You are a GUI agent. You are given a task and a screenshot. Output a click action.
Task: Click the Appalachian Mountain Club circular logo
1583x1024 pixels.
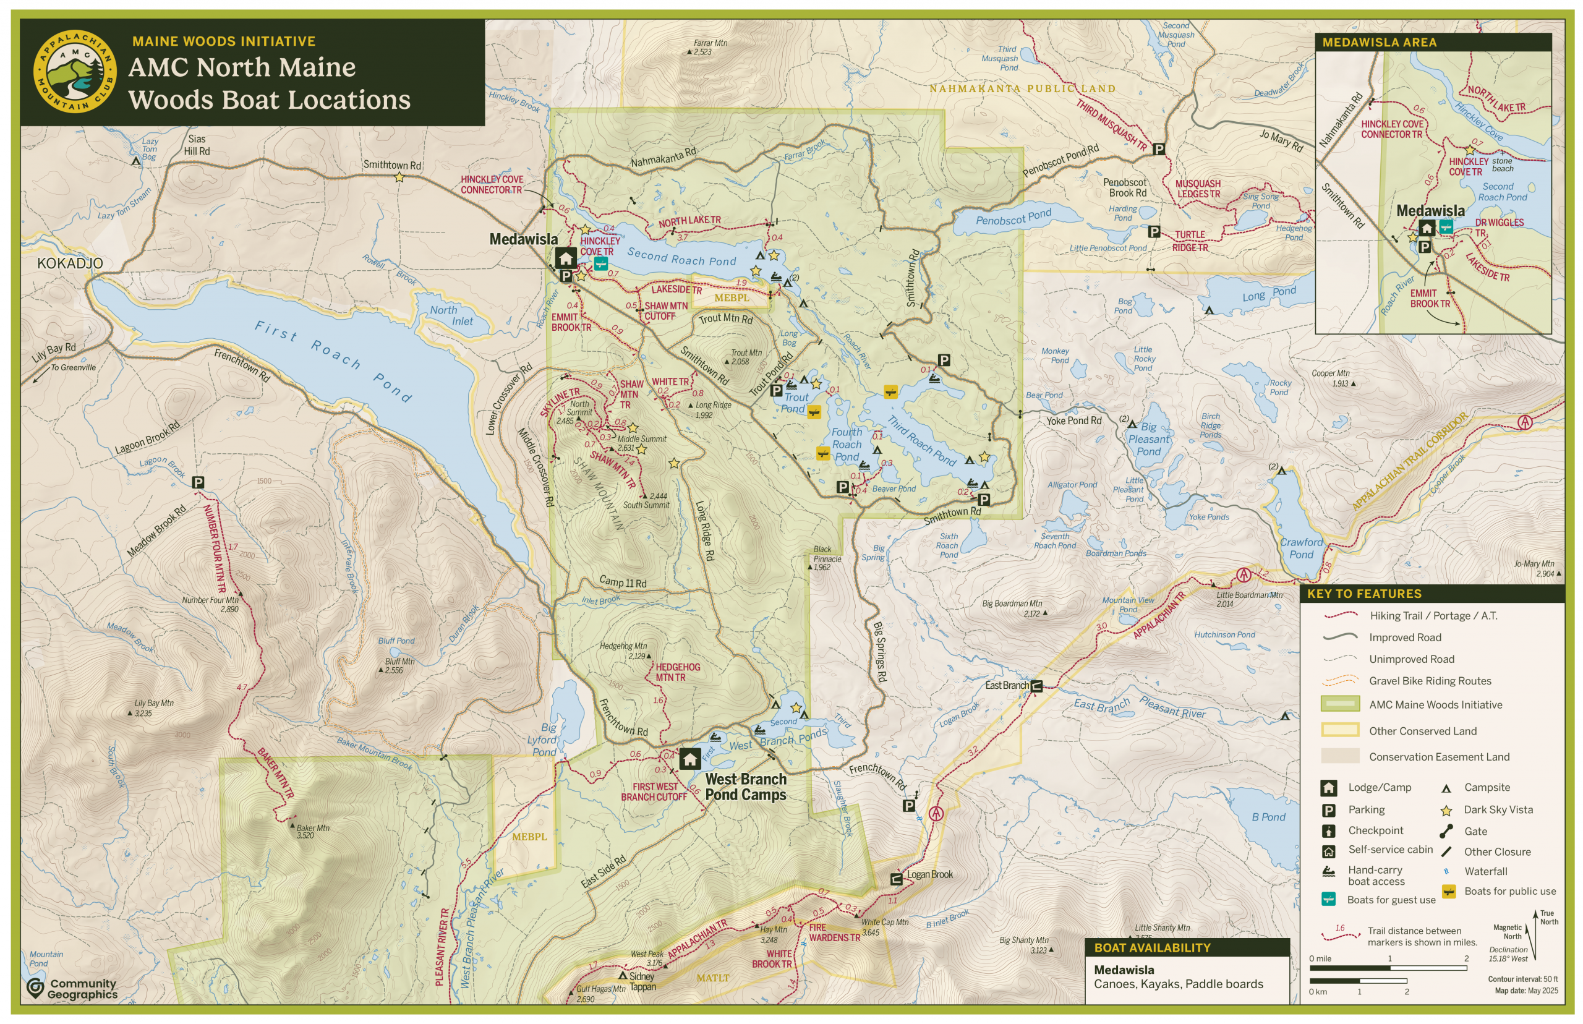74,72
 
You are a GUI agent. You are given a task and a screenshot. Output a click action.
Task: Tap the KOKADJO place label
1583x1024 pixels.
70,263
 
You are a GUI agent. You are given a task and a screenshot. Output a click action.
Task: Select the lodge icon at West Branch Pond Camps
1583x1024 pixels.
689,759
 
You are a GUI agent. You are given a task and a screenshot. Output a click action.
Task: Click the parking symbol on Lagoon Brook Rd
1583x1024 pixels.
197,482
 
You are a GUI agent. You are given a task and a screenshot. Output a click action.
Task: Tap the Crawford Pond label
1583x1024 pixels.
1301,548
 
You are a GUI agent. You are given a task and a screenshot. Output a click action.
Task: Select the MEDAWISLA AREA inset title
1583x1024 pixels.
1379,43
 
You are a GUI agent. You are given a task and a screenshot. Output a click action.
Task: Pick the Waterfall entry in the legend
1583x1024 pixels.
1485,871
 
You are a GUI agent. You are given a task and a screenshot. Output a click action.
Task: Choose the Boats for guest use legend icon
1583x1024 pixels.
1328,900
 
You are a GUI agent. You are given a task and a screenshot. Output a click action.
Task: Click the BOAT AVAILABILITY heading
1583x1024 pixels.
1152,947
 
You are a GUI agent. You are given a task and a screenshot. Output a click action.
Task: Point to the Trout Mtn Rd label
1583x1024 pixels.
725,318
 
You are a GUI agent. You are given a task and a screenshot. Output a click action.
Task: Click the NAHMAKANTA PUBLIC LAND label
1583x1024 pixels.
1022,88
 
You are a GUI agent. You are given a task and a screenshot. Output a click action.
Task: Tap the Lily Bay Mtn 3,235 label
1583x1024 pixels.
153,707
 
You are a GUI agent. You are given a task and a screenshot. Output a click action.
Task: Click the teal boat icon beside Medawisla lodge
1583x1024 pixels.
600,264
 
